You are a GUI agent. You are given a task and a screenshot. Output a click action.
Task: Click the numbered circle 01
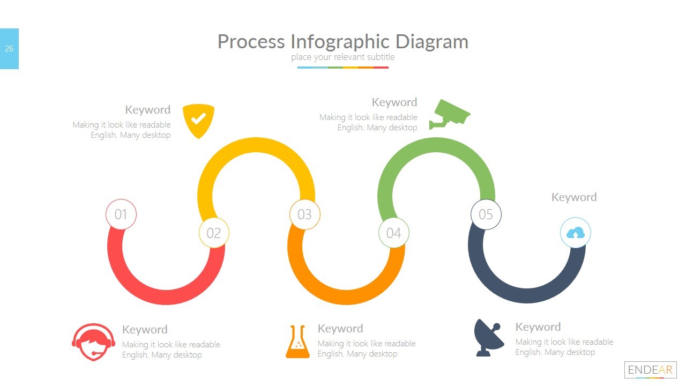pyautogui.click(x=121, y=214)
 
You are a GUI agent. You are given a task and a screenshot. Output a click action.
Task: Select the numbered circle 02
pyautogui.click(x=214, y=233)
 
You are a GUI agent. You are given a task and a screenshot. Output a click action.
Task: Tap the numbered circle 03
pyautogui.click(x=304, y=214)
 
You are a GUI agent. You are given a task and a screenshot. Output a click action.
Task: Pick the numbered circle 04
pyautogui.click(x=393, y=233)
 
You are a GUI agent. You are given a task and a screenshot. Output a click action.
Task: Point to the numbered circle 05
pyautogui.click(x=486, y=214)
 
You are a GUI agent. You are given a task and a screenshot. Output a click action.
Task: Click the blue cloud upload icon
pyautogui.click(x=575, y=233)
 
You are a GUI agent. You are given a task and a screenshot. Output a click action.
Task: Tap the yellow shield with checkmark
pyautogui.click(x=198, y=121)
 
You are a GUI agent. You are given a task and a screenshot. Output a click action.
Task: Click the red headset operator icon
pyautogui.click(x=93, y=342)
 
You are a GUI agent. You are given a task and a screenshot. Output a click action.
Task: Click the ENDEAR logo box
pyautogui.click(x=650, y=370)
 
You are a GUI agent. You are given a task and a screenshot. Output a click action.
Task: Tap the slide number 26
pyautogui.click(x=9, y=49)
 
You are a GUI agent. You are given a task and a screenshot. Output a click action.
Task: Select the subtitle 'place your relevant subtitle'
pyautogui.click(x=343, y=57)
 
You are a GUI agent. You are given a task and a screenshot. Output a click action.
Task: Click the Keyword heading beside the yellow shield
pyautogui.click(x=147, y=110)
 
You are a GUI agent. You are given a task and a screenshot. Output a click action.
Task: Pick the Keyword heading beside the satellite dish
pyautogui.click(x=538, y=327)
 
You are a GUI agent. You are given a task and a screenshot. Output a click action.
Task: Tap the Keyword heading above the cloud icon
pyautogui.click(x=573, y=197)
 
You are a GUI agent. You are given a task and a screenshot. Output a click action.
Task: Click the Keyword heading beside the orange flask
pyautogui.click(x=340, y=329)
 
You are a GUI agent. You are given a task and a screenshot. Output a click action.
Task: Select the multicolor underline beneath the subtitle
pyautogui.click(x=343, y=68)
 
